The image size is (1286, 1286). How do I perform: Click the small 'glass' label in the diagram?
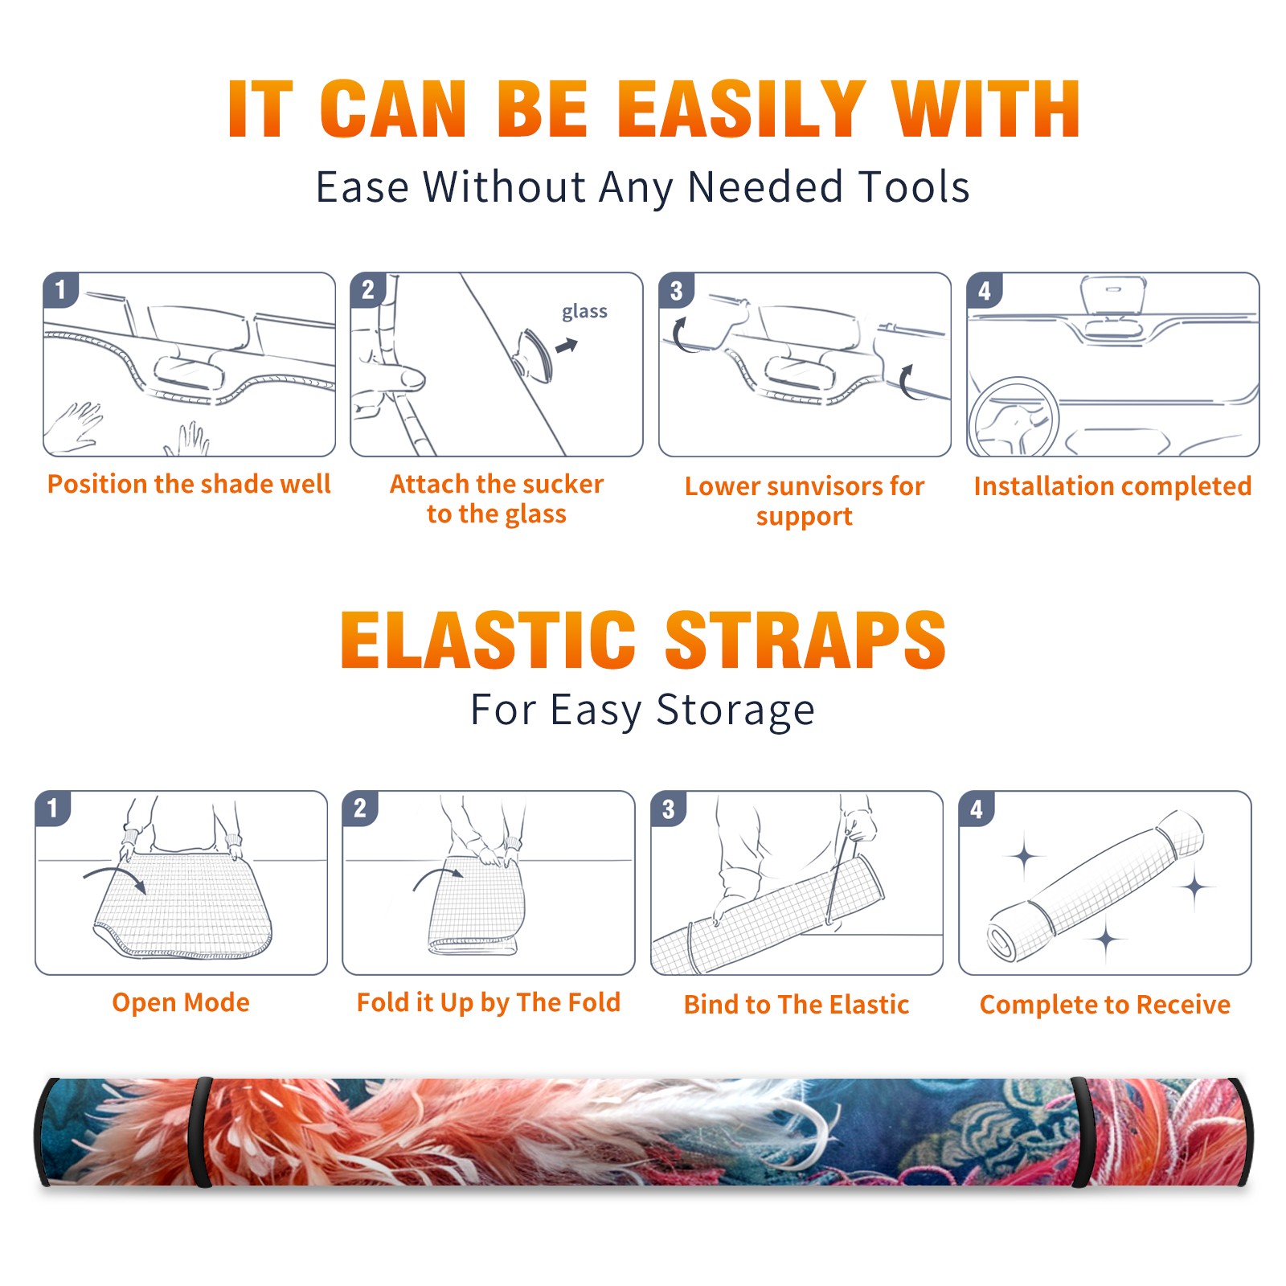[x=584, y=312]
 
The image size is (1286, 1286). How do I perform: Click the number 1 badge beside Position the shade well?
[x=60, y=289]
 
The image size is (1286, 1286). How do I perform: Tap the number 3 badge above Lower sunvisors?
[x=676, y=290]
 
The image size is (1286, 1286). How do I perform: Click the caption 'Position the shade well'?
[x=189, y=484]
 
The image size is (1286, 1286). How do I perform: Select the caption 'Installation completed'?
[x=1112, y=486]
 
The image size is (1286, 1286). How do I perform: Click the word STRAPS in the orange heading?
[x=805, y=640]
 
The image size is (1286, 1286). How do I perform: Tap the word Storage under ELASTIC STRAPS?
[x=735, y=711]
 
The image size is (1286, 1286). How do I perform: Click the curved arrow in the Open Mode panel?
[x=115, y=875]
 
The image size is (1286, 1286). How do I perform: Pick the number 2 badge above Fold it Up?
[x=360, y=808]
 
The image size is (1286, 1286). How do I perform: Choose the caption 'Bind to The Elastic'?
[x=797, y=1005]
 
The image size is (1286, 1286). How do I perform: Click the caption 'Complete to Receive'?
[x=1105, y=1005]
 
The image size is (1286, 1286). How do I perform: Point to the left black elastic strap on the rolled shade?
[x=201, y=1132]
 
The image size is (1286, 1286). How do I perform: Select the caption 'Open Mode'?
[x=181, y=1002]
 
